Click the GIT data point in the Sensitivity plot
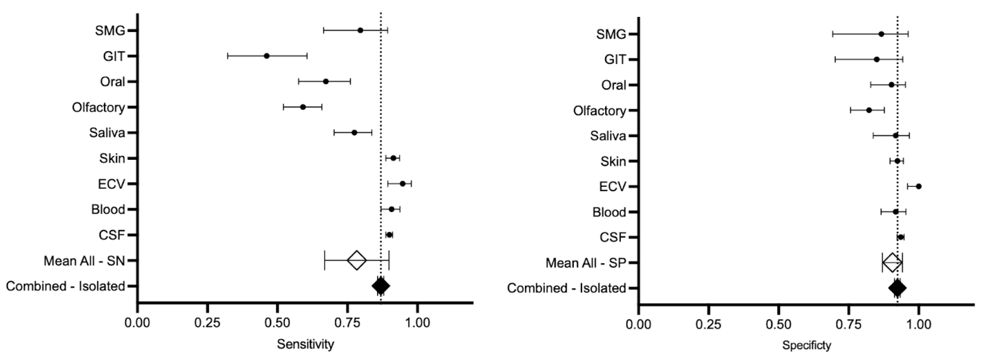(267, 56)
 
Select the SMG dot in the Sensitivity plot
(360, 30)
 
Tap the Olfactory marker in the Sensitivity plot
(303, 107)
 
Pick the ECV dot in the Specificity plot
(919, 186)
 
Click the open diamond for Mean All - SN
(357, 260)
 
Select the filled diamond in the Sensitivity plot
(380, 286)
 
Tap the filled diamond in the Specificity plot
(897, 288)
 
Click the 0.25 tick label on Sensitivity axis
(207, 323)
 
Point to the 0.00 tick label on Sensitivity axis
(138, 323)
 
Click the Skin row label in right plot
(613, 161)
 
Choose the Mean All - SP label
(586, 263)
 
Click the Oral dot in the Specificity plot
(891, 85)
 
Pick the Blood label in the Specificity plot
(609, 212)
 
